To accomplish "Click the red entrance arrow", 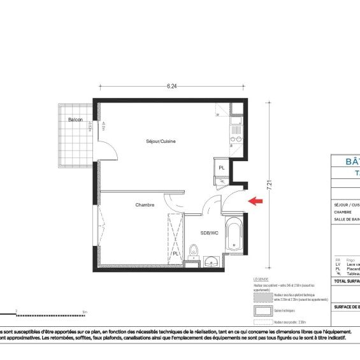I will (256, 201).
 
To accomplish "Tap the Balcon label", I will (78, 120).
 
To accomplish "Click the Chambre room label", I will (145, 205).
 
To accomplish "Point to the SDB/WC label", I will (209, 233).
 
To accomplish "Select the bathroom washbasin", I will (212, 260).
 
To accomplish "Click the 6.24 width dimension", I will (171, 87).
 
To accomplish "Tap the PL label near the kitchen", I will (221, 168).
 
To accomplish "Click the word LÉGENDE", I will (261, 280).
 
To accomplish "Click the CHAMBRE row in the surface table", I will (344, 212).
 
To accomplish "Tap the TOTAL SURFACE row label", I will (347, 280).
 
